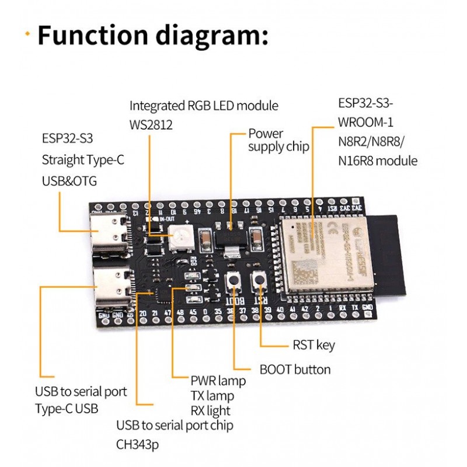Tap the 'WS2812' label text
[x=151, y=125]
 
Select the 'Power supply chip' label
[x=278, y=140]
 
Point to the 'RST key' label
[x=313, y=345]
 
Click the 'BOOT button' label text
[x=295, y=370]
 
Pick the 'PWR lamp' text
[x=218, y=381]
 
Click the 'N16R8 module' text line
[x=378, y=161]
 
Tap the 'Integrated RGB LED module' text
[x=204, y=106]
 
